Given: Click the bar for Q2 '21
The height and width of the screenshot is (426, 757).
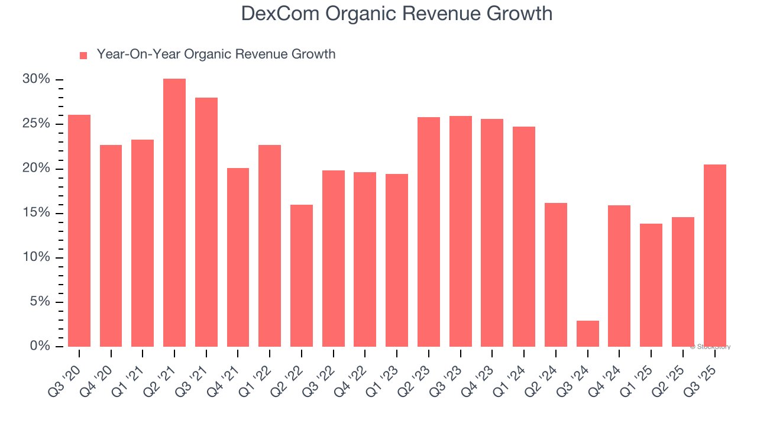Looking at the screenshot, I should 174,213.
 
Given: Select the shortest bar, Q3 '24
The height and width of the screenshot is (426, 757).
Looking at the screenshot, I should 587,334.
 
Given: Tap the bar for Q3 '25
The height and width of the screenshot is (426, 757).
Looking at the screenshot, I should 714,256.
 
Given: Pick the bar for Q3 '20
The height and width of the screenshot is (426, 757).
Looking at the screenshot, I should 79,231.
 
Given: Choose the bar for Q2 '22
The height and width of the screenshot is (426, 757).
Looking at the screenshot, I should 302,276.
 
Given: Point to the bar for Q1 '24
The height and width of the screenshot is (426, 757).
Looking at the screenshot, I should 524,237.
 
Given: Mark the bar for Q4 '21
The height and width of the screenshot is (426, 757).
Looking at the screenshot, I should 238,257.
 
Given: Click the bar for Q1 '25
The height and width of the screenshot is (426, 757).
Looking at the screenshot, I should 651,285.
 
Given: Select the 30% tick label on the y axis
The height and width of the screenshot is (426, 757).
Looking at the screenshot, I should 37,79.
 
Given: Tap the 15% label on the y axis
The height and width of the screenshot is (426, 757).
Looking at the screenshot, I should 37,213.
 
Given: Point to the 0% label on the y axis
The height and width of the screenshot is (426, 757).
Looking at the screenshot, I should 40,346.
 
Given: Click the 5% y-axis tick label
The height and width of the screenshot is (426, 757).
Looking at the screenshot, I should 40,302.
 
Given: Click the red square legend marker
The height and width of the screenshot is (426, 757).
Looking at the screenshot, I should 83,55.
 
